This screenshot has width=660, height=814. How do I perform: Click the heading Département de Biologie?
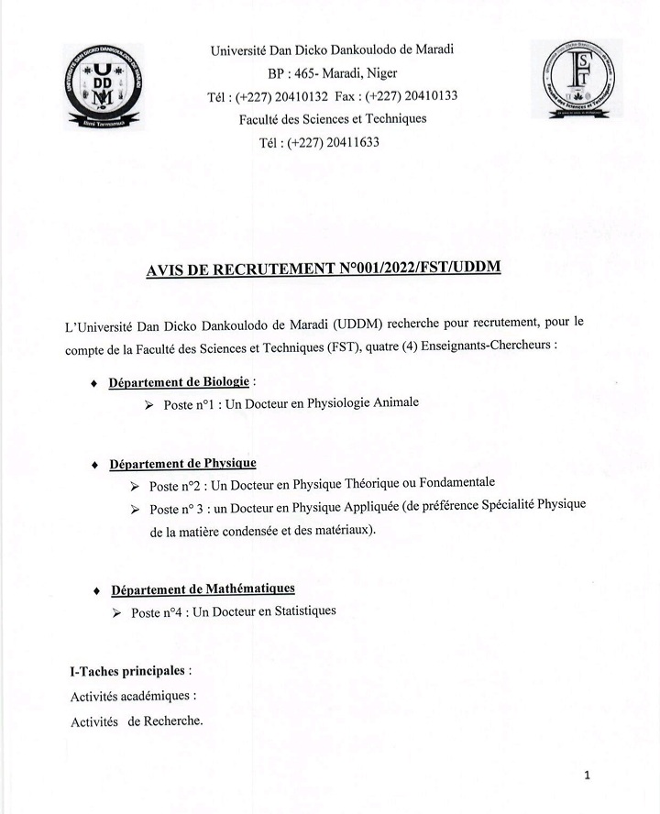pyautogui.click(x=179, y=381)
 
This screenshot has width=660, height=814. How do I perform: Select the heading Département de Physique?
pyautogui.click(x=182, y=464)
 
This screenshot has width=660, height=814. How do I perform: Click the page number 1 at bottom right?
pyautogui.click(x=587, y=776)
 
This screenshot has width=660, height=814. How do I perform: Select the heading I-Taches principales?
pyautogui.click(x=130, y=671)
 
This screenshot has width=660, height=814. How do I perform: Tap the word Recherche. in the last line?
pyautogui.click(x=166, y=720)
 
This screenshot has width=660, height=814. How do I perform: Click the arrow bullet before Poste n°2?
pyautogui.click(x=136, y=485)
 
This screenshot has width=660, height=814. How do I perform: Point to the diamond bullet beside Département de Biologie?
pyautogui.click(x=95, y=383)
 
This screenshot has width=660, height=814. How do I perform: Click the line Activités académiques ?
pyautogui.click(x=133, y=696)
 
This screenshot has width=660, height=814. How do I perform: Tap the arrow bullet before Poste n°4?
pyautogui.click(x=116, y=612)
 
